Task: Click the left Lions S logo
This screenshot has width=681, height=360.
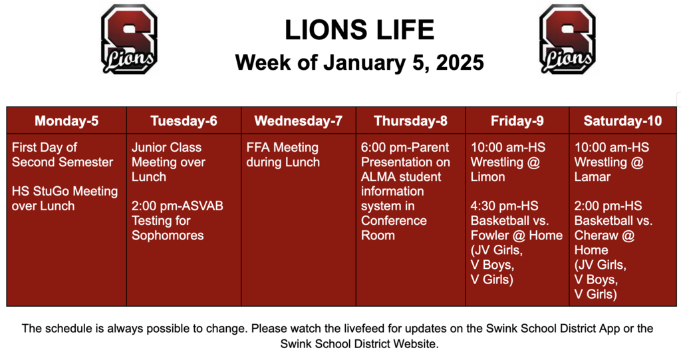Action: point(129,39)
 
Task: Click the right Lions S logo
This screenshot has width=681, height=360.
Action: point(567,39)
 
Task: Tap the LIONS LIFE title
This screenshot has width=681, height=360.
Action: point(359,30)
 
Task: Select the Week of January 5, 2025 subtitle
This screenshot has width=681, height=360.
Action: point(359,63)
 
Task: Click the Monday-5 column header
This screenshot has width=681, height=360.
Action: point(67,121)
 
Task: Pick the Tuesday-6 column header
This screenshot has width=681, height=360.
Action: point(184,121)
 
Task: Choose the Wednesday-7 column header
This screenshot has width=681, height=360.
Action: point(298,121)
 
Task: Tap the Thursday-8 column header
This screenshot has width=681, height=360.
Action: point(410,121)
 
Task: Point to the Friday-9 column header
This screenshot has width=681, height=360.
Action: point(517,121)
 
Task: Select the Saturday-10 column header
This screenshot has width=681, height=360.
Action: point(622,121)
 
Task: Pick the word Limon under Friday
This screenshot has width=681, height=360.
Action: point(487,177)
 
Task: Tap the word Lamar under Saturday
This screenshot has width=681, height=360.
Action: point(593,177)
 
